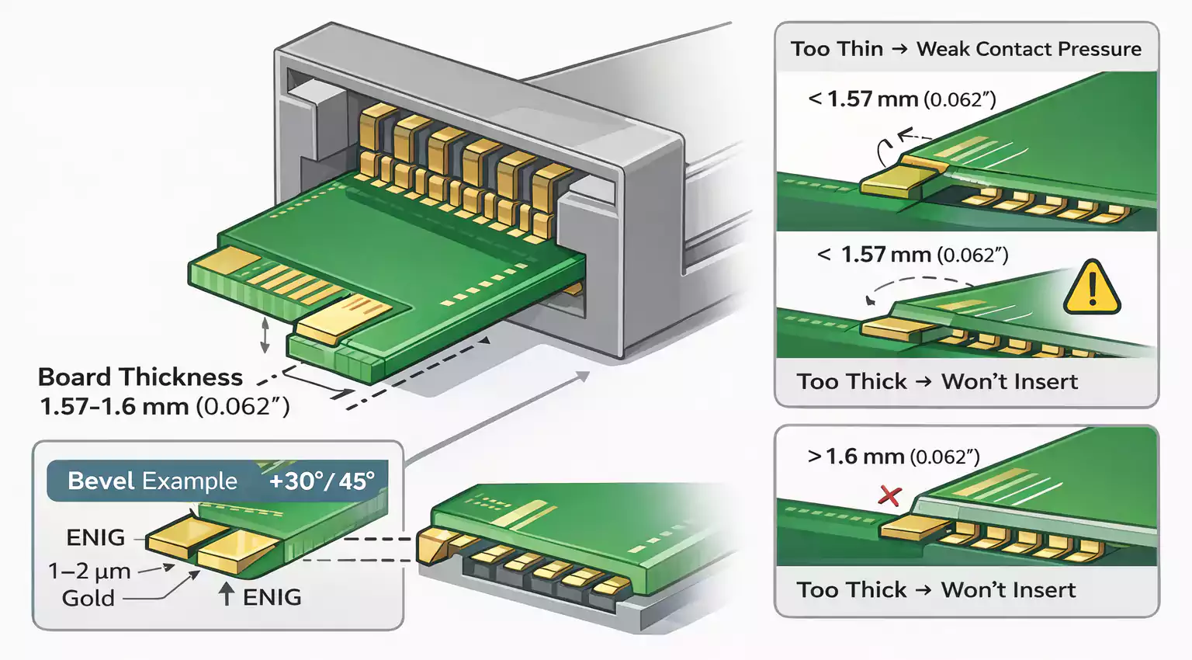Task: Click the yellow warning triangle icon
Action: [x=1092, y=288]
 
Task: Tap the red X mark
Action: [x=889, y=495]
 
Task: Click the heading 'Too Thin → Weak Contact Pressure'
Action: [x=966, y=49]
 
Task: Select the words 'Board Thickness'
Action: [x=140, y=377]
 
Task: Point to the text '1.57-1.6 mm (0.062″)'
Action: [x=165, y=406]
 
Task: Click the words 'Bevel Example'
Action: [x=152, y=481]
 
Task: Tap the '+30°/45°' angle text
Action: [x=321, y=481]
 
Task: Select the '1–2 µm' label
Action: [x=89, y=571]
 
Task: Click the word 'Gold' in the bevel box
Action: [x=88, y=598]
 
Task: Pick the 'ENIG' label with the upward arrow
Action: [x=272, y=597]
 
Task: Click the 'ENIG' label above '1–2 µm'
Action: [x=95, y=537]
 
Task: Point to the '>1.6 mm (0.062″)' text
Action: [x=893, y=457]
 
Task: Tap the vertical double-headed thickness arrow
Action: [x=265, y=335]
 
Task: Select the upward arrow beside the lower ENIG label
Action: [x=226, y=595]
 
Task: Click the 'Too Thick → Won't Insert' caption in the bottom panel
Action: [x=936, y=590]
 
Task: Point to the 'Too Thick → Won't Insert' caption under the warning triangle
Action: [x=937, y=381]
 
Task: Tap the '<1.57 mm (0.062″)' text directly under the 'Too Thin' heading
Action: [x=901, y=99]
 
